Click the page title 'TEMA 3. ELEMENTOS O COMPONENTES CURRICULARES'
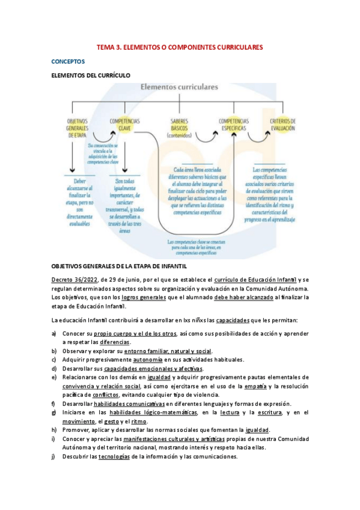click(x=180, y=47)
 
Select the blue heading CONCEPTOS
click(x=69, y=61)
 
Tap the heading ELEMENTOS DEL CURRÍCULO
click(x=90, y=75)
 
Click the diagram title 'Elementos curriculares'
click(x=179, y=87)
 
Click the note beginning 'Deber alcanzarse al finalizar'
click(x=79, y=201)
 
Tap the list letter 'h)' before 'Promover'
click(x=54, y=429)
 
